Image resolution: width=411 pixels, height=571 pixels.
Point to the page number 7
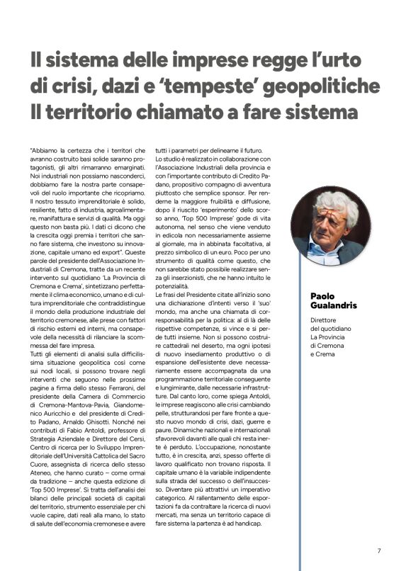coord(379,550)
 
